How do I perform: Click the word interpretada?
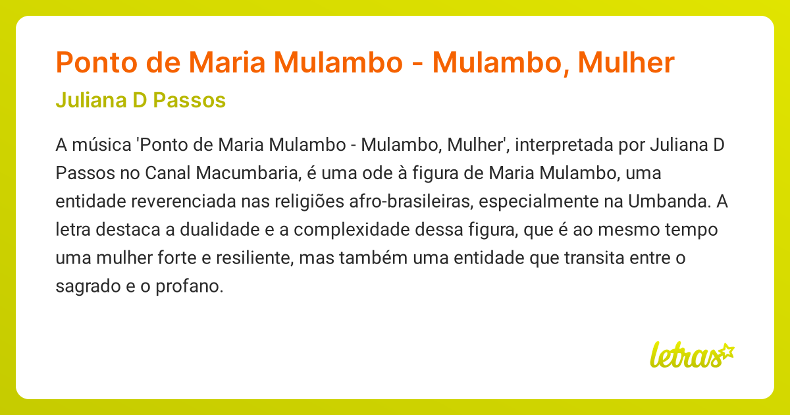pyautogui.click(x=560, y=145)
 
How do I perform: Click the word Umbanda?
pyautogui.click(x=669, y=202)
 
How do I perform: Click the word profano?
pyautogui.click(x=197, y=287)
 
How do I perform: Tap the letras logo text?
pyautogui.click(x=683, y=356)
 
